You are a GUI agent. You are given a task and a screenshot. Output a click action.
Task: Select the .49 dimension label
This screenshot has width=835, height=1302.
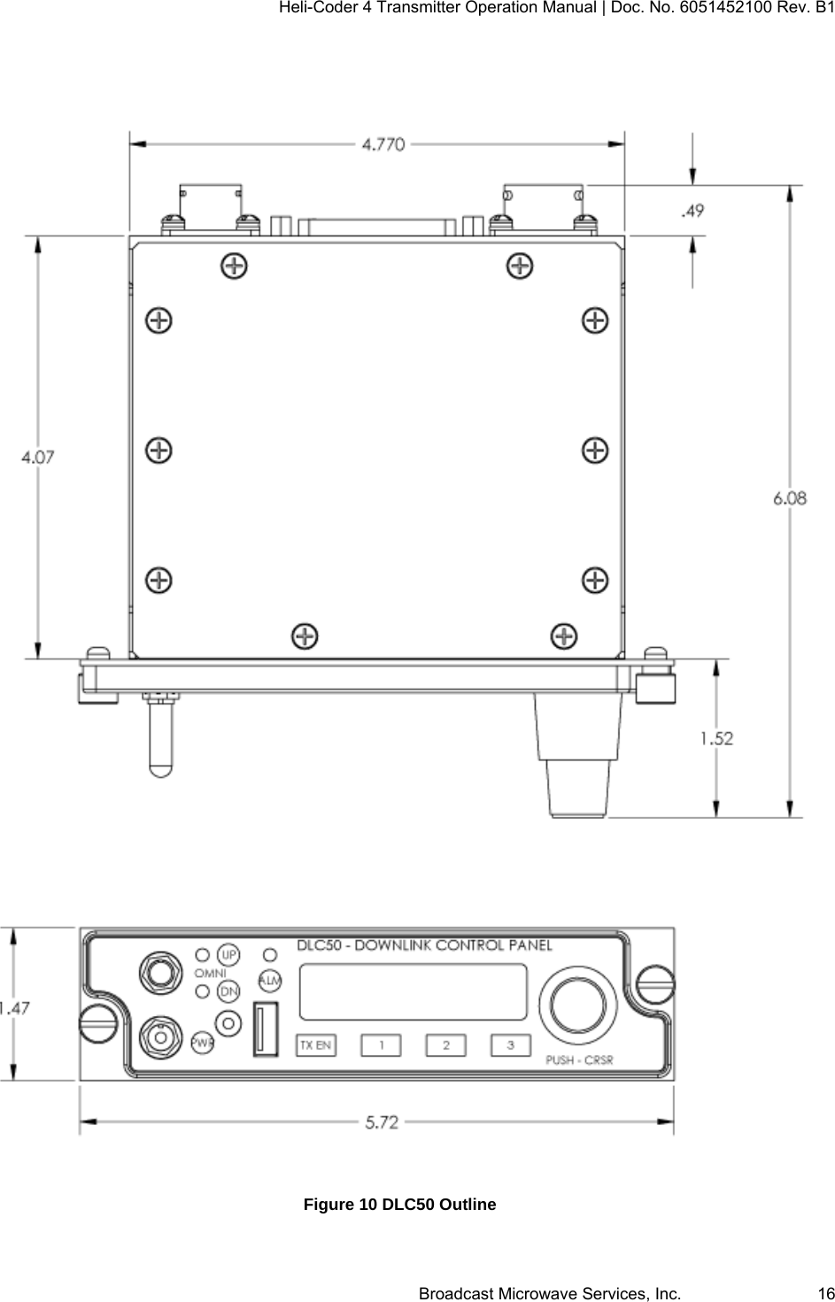(692, 211)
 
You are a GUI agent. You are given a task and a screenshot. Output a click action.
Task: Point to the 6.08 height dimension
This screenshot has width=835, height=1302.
(790, 498)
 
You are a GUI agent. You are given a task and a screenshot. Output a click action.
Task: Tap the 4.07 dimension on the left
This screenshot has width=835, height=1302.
(38, 457)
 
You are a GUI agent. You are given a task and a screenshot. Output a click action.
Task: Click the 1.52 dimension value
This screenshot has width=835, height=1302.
(716, 738)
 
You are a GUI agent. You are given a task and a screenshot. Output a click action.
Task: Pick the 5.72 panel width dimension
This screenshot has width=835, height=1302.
(382, 1121)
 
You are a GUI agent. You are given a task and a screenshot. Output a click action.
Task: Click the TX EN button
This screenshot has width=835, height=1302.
(315, 1045)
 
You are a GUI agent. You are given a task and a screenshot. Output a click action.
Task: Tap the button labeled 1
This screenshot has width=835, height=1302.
(381, 1045)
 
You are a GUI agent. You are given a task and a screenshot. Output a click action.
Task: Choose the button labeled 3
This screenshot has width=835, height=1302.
(510, 1045)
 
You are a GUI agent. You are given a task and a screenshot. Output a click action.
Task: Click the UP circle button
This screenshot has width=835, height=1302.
(229, 955)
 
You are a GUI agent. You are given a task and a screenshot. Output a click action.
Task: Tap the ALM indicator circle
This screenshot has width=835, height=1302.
(269, 981)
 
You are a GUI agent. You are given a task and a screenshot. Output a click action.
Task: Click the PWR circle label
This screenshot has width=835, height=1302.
(203, 1043)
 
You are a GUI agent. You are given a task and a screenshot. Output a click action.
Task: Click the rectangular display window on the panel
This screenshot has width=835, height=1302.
(414, 991)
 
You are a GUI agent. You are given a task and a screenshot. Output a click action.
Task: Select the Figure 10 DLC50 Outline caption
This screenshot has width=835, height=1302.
(399, 1205)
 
